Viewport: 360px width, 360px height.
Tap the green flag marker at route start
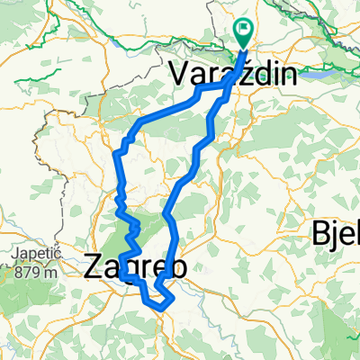(244, 33)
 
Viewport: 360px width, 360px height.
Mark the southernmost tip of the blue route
(163, 308)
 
